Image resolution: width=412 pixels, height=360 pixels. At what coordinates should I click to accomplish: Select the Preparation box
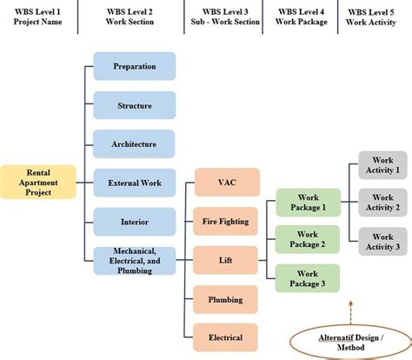click(134, 66)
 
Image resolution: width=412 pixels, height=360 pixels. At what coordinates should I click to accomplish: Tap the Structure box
click(134, 105)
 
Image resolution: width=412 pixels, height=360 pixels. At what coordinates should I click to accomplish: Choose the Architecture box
click(134, 143)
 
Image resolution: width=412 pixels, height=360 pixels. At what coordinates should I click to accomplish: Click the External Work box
click(134, 183)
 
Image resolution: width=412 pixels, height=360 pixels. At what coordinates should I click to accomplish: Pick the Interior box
click(134, 222)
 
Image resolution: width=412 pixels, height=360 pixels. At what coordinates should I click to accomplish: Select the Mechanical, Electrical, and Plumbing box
click(134, 260)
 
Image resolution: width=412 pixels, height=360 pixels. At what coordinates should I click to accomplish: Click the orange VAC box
click(225, 183)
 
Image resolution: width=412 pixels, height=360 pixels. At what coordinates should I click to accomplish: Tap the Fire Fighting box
click(225, 222)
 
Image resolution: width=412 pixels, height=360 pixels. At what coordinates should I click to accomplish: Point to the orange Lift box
click(225, 260)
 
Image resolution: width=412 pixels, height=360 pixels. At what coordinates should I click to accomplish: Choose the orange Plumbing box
click(225, 299)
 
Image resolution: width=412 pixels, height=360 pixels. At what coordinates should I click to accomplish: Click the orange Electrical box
click(225, 337)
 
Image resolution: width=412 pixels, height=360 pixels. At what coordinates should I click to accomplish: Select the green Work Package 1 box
click(307, 203)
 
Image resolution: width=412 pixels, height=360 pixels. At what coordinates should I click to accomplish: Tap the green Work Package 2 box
click(307, 240)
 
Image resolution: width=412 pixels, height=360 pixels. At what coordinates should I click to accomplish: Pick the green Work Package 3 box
click(307, 277)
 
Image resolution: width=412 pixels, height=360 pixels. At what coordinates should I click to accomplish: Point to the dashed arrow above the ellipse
click(350, 308)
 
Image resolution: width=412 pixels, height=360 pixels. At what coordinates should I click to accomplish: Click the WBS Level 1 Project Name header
click(38, 17)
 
